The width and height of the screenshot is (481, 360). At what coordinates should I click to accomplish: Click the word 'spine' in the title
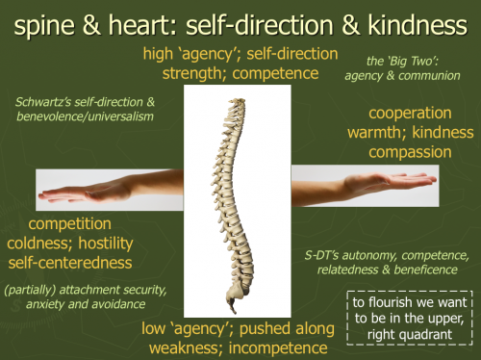[44, 26]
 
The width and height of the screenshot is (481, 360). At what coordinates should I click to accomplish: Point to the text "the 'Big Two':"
[402, 61]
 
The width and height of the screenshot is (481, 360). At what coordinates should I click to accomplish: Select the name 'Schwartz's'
[43, 102]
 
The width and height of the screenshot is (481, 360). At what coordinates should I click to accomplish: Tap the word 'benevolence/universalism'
[85, 116]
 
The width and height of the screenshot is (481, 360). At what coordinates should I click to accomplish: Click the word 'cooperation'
[410, 113]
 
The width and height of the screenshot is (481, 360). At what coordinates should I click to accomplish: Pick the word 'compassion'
[410, 152]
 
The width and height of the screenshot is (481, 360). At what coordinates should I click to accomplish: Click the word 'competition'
[69, 224]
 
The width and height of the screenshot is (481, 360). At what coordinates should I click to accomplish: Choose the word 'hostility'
[106, 244]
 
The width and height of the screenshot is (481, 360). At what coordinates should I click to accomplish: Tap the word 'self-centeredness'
[70, 263]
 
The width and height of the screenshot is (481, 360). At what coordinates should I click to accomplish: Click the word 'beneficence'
[425, 270]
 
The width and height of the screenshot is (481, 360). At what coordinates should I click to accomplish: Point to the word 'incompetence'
[278, 348]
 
